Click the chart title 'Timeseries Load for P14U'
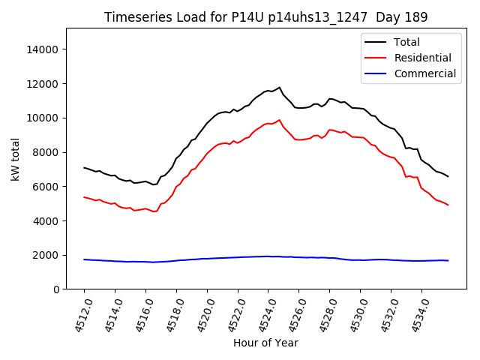(265, 17)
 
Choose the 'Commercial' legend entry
(424, 73)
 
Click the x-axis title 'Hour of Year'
(265, 343)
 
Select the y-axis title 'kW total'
(15, 159)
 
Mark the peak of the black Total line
(280, 87)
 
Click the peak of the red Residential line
(280, 119)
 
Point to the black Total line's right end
(448, 177)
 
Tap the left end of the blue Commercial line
(84, 259)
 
